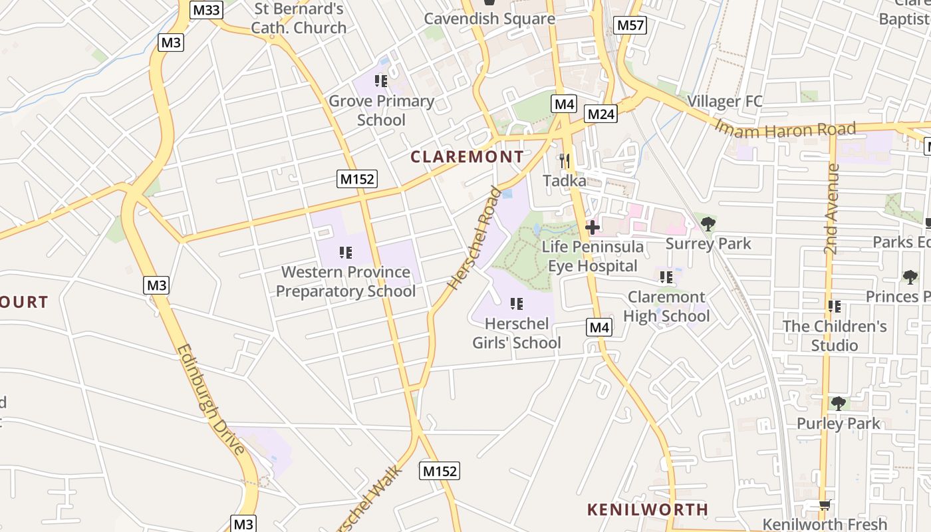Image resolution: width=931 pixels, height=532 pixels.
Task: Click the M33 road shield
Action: coord(206,9)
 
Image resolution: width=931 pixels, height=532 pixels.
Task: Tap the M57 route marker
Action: coord(630,25)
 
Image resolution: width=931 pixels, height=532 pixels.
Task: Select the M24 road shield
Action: coord(601,114)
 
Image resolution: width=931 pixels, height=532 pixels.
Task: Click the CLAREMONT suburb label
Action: coord(467,157)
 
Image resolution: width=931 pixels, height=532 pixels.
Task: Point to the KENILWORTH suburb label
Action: coord(647,509)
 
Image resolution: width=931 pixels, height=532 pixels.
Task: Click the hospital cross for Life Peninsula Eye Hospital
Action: coord(592,227)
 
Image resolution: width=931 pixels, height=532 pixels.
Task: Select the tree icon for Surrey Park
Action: coord(708,224)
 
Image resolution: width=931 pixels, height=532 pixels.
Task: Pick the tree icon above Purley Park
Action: coord(839,404)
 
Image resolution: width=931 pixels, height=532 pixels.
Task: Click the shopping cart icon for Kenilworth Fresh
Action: coord(825,505)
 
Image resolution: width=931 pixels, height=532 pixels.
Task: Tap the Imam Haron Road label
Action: coord(785,129)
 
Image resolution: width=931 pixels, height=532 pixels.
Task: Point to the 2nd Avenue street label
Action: coord(832,209)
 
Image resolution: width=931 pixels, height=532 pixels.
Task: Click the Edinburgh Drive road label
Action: coord(212,399)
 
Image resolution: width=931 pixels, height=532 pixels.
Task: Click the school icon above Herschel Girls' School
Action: coord(516,304)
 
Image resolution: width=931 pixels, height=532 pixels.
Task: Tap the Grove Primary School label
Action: coord(381,110)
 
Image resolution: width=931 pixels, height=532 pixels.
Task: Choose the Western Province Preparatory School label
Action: coord(346,281)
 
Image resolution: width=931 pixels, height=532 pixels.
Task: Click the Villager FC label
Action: coord(724,102)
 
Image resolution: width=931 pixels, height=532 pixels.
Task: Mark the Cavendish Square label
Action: coord(489,19)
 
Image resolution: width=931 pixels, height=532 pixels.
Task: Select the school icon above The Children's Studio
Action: coord(834,307)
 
